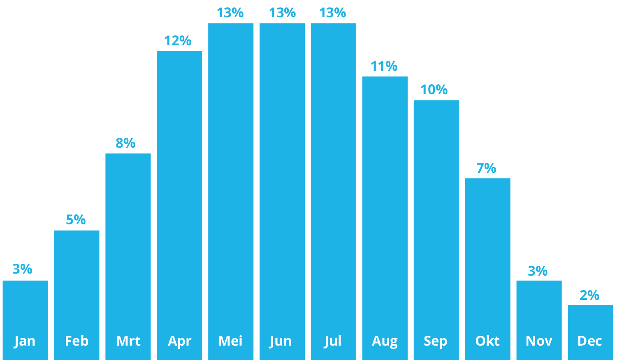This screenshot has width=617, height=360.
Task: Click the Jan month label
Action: tap(25, 341)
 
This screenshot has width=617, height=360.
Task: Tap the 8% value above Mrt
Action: tap(125, 143)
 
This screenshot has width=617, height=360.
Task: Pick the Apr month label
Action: tap(180, 341)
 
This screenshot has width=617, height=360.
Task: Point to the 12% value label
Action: tap(178, 41)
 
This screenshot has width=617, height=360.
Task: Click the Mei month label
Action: tap(230, 341)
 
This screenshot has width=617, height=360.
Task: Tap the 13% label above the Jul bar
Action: tap(333, 13)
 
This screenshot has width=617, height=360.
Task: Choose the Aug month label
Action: tap(385, 341)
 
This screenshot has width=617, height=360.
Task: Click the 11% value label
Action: tap(384, 66)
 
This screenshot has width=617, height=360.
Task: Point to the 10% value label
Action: tap(434, 90)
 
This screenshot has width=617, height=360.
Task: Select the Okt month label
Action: tap(487, 341)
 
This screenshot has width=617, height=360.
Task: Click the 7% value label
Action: tap(486, 168)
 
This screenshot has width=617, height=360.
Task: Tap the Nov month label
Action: tap(539, 341)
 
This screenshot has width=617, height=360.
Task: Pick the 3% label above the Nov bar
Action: tap(538, 271)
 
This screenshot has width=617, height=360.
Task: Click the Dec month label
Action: tap(590, 341)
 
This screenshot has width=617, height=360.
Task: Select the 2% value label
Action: tap(589, 295)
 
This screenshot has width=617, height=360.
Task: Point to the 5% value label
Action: tap(76, 220)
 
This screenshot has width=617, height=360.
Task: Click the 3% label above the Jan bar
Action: tap(22, 269)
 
